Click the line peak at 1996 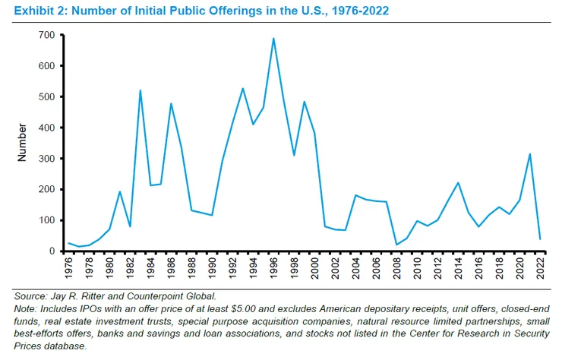273,38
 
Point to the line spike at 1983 140,90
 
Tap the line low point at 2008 396,245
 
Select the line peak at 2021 529,154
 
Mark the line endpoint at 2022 539,239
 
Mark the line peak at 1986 171,103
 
